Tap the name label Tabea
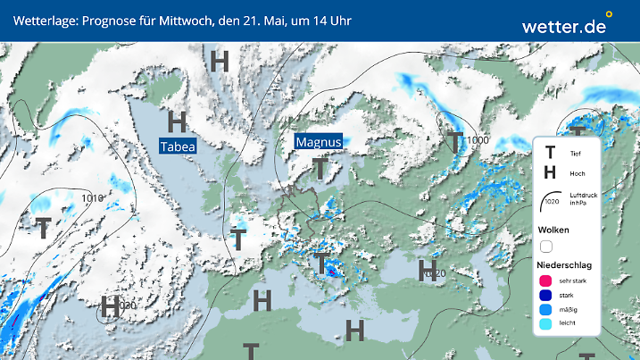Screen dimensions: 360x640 click(x=177, y=147)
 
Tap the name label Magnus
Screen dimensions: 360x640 click(x=319, y=142)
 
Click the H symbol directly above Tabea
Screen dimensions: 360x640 click(x=177, y=121)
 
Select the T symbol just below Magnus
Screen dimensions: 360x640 click(x=319, y=168)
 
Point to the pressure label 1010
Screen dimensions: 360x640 click(x=92, y=197)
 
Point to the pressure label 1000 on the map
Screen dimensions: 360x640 click(x=477, y=140)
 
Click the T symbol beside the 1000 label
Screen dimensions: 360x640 click(x=456, y=141)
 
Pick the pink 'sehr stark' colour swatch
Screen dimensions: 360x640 click(x=545, y=280)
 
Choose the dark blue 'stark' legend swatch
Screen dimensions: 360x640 click(x=545, y=296)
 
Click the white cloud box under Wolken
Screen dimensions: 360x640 click(x=545, y=247)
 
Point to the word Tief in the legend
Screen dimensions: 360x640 click(x=576, y=154)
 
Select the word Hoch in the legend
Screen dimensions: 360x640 click(x=578, y=173)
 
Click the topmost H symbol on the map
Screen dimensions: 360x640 click(x=219, y=61)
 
